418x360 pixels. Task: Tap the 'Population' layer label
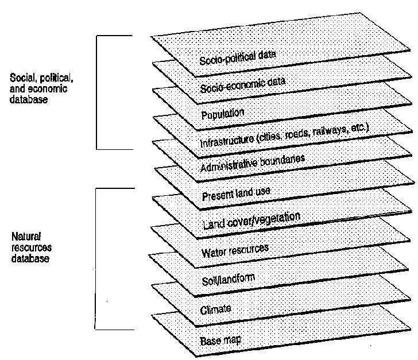click(223, 113)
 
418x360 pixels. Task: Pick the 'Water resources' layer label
click(235, 251)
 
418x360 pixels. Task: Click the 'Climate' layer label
click(215, 310)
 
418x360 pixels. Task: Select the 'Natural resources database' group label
click(32, 247)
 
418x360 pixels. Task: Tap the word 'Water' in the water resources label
click(214, 253)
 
